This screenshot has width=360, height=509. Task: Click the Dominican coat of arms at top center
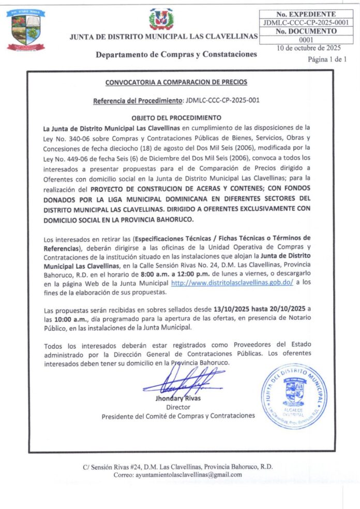(161, 19)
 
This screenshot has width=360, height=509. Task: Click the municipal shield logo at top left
(25, 30)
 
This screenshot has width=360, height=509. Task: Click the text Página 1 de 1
(326, 59)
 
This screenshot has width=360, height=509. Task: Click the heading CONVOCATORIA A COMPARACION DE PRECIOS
(176, 82)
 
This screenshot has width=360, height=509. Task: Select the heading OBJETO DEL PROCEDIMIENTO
(176, 117)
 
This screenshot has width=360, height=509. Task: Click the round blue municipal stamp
(293, 396)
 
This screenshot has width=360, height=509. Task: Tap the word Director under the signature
(178, 407)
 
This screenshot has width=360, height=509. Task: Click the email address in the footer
(188, 474)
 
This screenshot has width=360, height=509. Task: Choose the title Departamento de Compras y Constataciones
(176, 54)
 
